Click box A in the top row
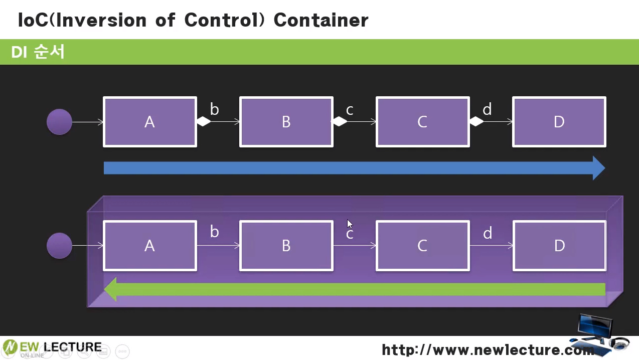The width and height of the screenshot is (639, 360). pos(150,122)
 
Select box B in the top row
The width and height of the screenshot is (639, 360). pos(286,122)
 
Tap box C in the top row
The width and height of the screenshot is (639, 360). pos(422,122)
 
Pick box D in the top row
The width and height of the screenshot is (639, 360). pos(559,122)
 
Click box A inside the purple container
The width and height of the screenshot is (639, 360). pos(150,246)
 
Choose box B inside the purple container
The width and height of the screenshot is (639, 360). pos(286,246)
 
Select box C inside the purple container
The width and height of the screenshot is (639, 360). pos(422,246)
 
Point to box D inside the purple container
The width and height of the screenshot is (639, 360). pos(559,246)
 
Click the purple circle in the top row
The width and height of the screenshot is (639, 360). pos(59,122)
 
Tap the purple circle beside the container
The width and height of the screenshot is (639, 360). pos(59,246)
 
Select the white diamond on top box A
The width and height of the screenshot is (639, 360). pos(204,121)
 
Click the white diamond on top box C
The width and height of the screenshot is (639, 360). pos(476,121)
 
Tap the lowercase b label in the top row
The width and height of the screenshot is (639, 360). pos(214,109)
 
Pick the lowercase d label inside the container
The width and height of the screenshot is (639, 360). pos(488,233)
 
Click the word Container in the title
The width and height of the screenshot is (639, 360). pos(321,20)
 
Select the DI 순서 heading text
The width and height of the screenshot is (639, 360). pos(38,52)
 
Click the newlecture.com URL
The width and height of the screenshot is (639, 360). pos(488,350)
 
